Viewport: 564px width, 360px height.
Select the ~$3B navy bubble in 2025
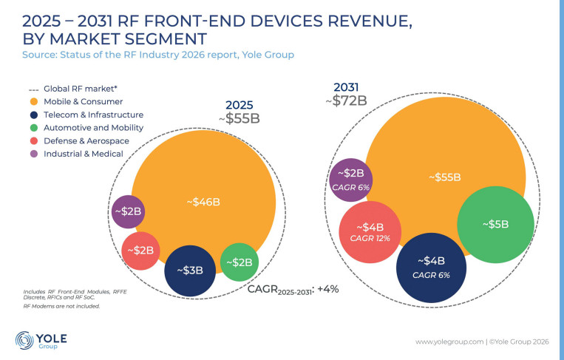(190, 271)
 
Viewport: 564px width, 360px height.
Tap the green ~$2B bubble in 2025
(239, 262)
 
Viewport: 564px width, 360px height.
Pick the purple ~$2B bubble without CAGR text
(128, 212)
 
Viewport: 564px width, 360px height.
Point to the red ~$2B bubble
(140, 251)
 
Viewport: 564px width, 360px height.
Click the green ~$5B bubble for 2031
(496, 225)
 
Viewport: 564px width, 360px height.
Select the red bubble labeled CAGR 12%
(370, 232)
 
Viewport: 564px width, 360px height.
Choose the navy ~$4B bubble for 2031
(431, 268)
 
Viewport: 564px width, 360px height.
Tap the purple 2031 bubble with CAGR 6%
(350, 180)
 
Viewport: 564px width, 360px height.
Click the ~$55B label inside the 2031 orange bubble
(445, 177)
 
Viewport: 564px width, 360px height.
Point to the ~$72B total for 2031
(346, 101)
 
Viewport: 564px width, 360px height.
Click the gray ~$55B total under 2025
(239, 118)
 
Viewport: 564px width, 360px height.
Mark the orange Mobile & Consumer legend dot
(34, 102)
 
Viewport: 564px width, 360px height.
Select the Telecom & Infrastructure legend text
(94, 115)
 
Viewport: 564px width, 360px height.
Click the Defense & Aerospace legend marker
(34, 141)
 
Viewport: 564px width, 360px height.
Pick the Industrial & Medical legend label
(84, 154)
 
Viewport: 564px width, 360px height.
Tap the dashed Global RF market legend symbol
(33, 89)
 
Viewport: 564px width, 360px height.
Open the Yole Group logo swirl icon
(24, 340)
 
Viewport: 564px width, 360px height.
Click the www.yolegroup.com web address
(449, 342)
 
